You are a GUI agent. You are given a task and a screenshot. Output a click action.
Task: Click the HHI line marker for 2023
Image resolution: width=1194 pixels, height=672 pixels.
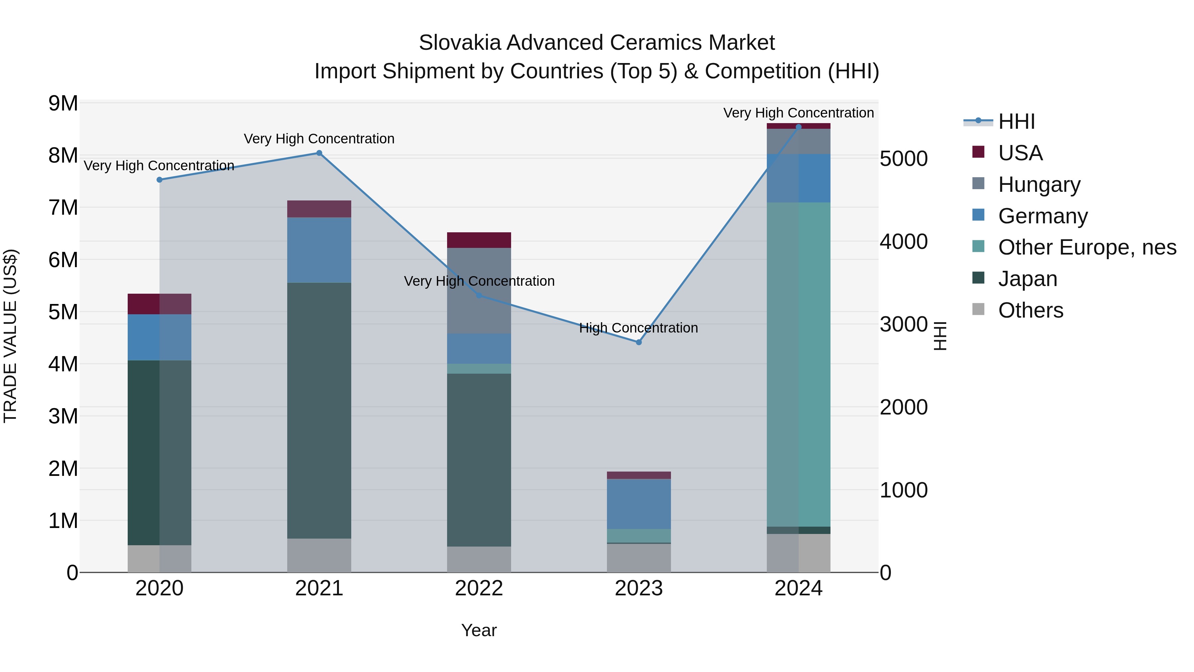point(639,342)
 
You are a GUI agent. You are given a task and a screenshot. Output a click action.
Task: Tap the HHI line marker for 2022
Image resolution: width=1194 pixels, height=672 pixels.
point(479,295)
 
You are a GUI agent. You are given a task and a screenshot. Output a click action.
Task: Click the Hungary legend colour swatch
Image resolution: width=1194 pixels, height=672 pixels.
point(978,184)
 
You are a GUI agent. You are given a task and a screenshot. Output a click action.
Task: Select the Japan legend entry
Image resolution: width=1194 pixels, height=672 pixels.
point(1027,279)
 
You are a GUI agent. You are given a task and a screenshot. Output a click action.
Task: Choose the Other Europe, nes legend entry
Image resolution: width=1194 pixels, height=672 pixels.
point(1087,247)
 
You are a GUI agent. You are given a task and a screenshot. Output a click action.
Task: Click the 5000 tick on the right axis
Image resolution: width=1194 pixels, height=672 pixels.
point(903,159)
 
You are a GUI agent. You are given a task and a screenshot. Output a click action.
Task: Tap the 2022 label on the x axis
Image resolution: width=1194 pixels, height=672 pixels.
point(479,588)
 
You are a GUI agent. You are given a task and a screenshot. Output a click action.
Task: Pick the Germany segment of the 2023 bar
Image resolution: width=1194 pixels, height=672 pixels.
point(639,504)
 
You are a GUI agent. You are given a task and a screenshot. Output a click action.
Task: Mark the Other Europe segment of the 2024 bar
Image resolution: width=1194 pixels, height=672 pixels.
point(798,364)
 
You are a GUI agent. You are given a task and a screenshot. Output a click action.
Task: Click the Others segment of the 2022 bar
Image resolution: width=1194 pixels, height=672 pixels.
point(479,559)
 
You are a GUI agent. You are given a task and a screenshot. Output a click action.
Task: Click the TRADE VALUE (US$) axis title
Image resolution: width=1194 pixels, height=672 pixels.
point(11,336)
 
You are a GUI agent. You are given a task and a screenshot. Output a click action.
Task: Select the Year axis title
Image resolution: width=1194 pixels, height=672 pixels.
point(479,630)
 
